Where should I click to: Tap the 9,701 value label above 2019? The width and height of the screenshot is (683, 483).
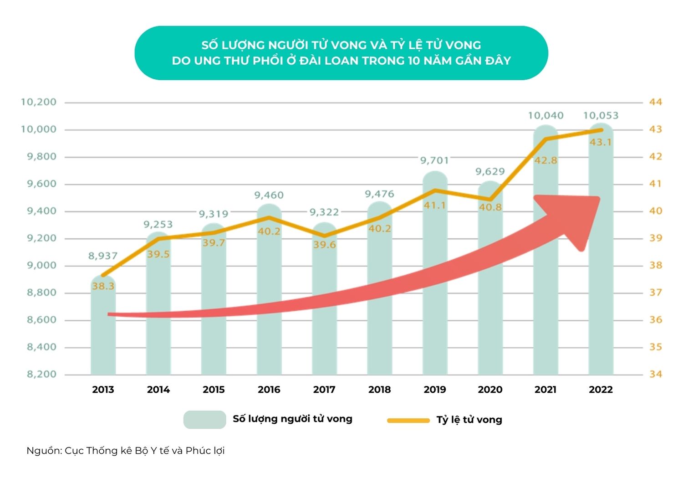pos(434,160)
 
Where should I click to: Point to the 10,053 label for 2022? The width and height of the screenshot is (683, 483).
pos(601,116)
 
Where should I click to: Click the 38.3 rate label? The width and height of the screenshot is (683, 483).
pos(103,287)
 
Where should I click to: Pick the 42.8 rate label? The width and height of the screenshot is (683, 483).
pos(545,160)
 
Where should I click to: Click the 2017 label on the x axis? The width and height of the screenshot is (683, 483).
pos(324,390)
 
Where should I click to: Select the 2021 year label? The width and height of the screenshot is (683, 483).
pos(545,390)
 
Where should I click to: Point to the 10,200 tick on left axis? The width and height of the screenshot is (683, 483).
pos(39,102)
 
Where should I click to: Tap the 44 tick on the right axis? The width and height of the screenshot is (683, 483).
pos(655,102)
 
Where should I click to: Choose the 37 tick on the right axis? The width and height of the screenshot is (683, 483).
pos(655,293)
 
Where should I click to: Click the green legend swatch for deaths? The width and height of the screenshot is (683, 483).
pos(204,420)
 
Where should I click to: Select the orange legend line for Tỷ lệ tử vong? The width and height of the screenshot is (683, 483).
pos(408,420)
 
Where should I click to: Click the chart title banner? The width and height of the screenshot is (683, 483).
pos(341,53)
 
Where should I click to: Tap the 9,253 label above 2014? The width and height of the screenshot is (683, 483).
pos(158,225)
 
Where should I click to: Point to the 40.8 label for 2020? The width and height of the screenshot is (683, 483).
pos(490,207)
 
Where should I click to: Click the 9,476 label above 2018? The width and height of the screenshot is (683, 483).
pos(379,195)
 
